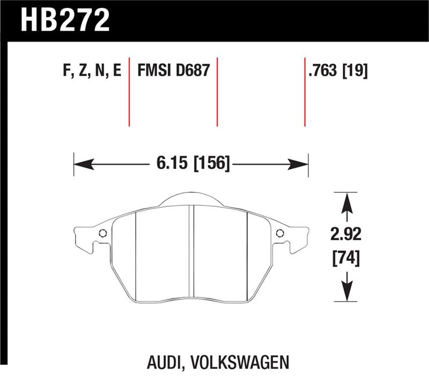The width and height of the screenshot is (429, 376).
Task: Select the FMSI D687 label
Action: pyautogui.click(x=173, y=72)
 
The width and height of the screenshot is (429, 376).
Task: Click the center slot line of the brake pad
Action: pyautogui.click(x=191, y=252)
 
